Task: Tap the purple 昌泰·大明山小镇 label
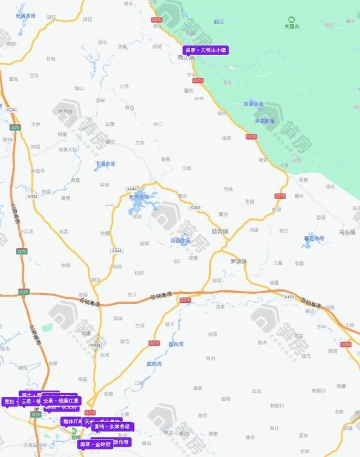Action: (206, 50)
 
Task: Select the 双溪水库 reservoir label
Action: (253, 104)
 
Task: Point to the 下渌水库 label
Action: (105, 164)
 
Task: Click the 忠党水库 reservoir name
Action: (139, 197)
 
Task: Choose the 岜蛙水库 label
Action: (181, 240)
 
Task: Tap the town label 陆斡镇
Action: (220, 231)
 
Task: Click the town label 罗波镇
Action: (238, 261)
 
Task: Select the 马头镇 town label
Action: (347, 232)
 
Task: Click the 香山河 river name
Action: (175, 344)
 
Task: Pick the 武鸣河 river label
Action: (154, 364)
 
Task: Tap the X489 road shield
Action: (289, 297)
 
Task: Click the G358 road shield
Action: (346, 344)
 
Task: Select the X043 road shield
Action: (195, 208)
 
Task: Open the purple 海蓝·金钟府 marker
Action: (95, 444)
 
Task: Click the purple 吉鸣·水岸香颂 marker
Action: (112, 427)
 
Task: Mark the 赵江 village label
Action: (219, 21)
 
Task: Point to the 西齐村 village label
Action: (65, 111)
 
